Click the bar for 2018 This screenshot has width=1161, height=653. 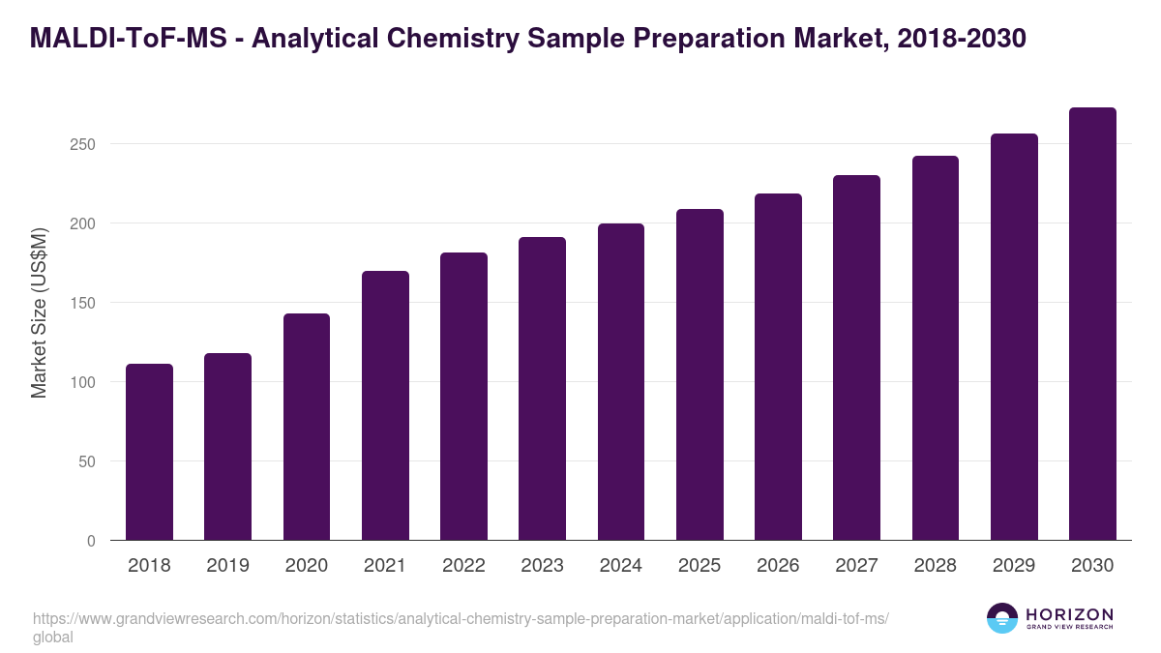click(x=149, y=452)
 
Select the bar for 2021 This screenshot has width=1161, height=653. click(x=385, y=405)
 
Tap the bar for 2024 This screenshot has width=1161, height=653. click(x=621, y=382)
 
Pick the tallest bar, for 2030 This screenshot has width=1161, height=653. click(x=1092, y=324)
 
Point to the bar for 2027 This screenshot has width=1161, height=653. click(x=856, y=358)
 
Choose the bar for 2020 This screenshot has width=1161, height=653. click(x=307, y=427)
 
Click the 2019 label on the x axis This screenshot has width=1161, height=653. click(x=227, y=566)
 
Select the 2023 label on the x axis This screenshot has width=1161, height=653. click(x=542, y=566)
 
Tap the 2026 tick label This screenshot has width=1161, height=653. click(x=778, y=566)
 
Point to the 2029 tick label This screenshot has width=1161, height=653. click(x=1014, y=566)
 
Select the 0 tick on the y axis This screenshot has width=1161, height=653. click(x=91, y=541)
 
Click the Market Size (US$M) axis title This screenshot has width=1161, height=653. click(x=39, y=313)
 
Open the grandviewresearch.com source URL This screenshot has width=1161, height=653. click(x=460, y=619)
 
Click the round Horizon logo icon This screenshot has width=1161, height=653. click(x=1002, y=618)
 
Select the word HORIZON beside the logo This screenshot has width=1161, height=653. click(x=1069, y=613)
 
